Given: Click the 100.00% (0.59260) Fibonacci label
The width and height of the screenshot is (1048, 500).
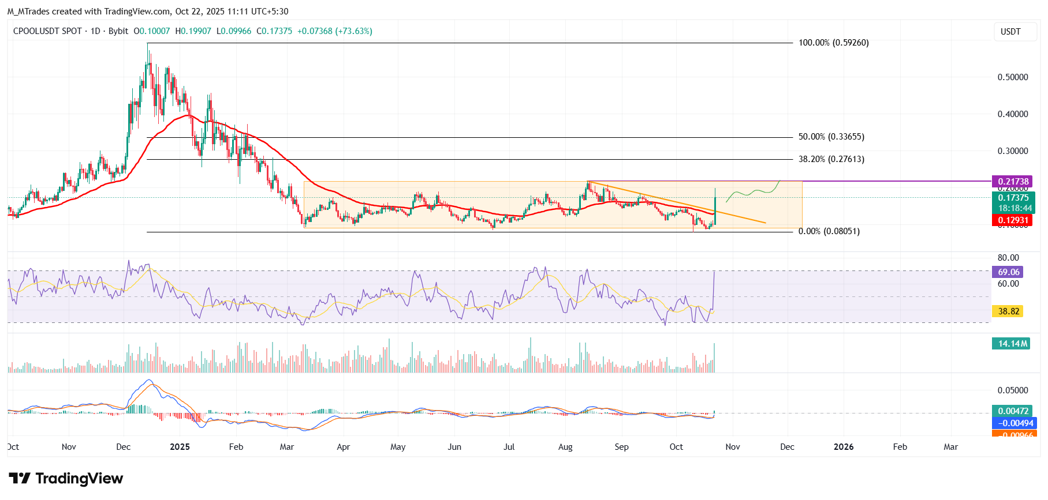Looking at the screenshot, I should [833, 43].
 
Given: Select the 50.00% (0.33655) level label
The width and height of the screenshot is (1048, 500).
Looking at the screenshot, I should [831, 137].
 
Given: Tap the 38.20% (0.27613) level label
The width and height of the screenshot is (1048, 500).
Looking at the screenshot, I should [831, 159].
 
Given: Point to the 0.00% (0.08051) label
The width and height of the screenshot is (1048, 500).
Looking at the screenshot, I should [829, 231].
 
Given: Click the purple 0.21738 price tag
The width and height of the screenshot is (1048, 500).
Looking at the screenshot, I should [1013, 182].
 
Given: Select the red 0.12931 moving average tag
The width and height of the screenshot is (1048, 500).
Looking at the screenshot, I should [1013, 220].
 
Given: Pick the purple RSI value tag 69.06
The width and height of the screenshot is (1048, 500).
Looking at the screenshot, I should [1009, 272].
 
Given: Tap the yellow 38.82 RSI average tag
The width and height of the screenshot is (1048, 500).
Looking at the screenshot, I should [1009, 311].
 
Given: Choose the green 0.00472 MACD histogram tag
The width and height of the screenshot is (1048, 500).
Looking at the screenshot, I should [1013, 411].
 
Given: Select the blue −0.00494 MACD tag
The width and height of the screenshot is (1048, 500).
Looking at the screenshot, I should [1013, 423].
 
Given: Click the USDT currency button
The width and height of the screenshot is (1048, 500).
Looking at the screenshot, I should [1010, 32].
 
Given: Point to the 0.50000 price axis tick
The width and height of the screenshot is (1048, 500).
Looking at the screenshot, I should [1013, 77].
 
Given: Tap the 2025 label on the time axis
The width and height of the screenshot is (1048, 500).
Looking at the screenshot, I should [180, 447].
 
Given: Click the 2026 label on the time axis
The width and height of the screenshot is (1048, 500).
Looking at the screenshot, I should [844, 447].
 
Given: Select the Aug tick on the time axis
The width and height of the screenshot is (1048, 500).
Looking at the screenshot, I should [565, 447].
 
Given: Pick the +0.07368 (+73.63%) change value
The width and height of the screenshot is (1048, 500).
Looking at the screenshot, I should [334, 31].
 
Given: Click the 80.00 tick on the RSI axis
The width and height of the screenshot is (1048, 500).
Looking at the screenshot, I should [1008, 258].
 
